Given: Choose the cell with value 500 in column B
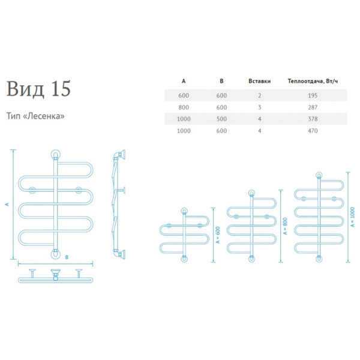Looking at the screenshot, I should (x=222, y=119).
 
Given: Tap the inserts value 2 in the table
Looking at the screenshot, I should (x=260, y=96).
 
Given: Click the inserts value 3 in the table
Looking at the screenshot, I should (x=260, y=107).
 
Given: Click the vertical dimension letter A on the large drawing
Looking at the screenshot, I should (x=8, y=205).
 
